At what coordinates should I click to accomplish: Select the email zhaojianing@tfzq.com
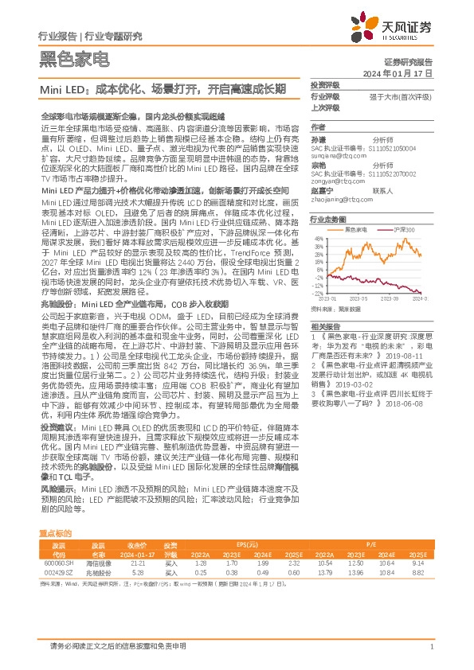pos(336,200)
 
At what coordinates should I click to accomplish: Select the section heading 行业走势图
pos(328,218)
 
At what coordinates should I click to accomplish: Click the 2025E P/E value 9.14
pos(418,563)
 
